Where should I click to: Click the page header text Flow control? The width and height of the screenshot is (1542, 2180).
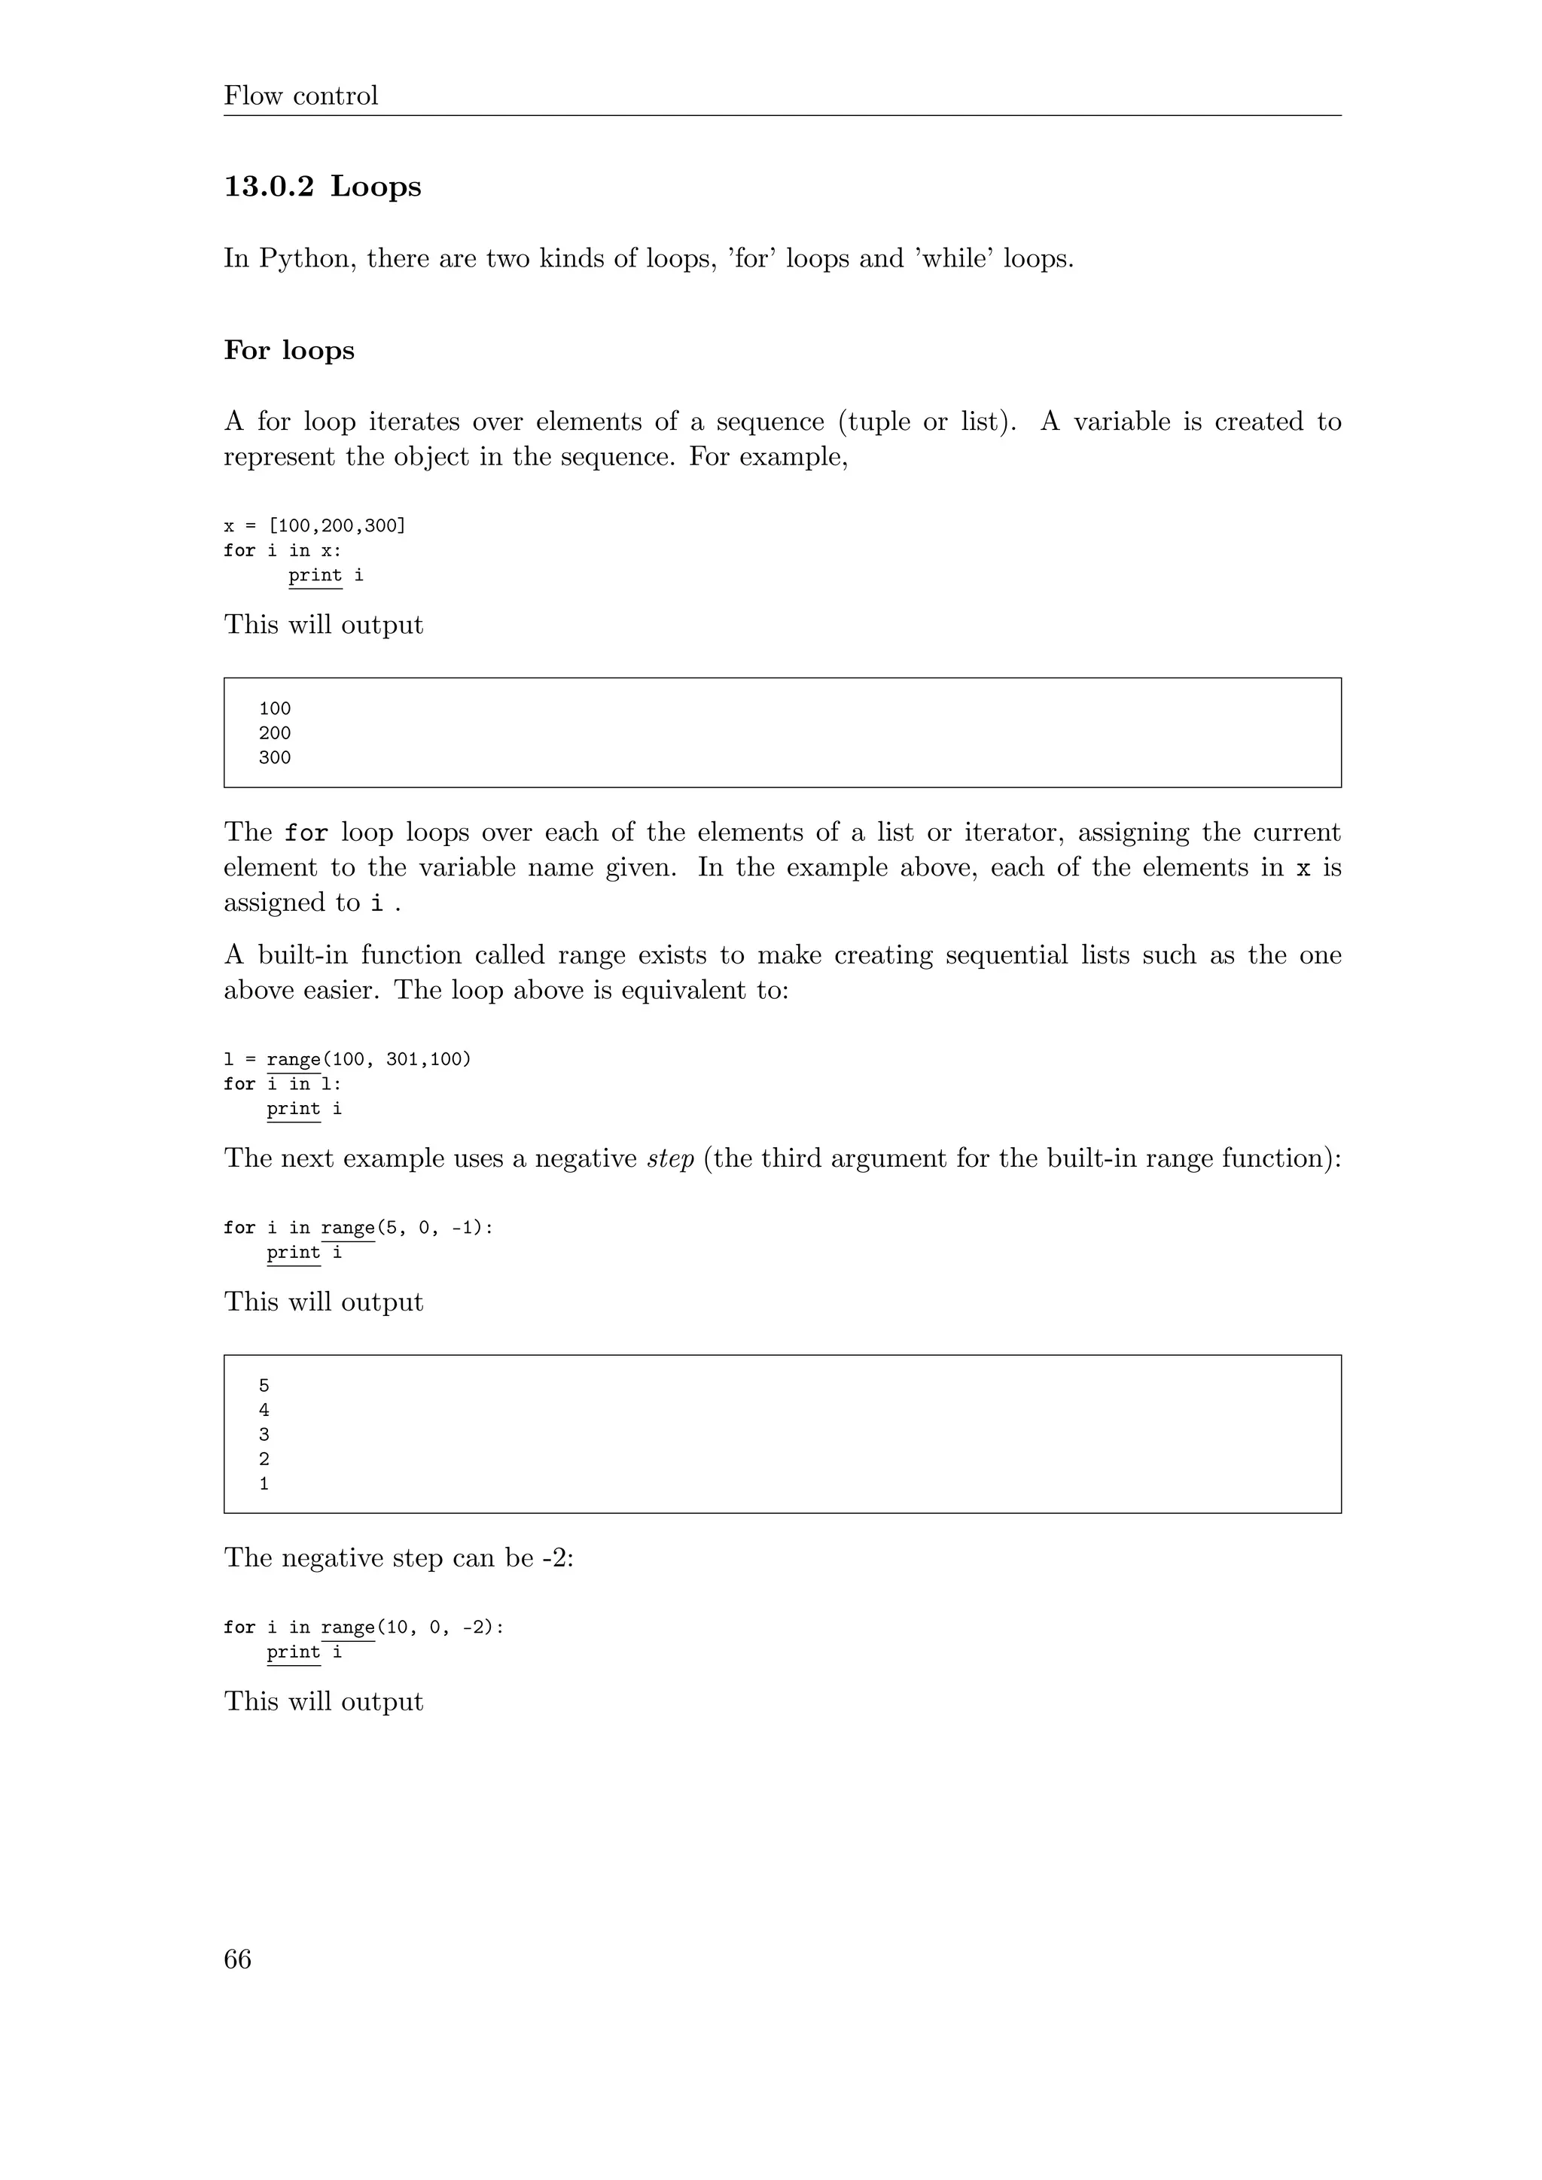click(x=300, y=96)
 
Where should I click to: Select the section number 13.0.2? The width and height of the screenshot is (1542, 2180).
click(x=269, y=186)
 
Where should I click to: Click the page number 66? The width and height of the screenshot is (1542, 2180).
click(x=237, y=1959)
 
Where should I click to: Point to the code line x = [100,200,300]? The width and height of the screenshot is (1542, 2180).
click(x=314, y=526)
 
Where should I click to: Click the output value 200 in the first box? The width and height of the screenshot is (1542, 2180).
click(x=274, y=733)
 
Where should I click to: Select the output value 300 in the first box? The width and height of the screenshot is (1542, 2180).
click(x=274, y=758)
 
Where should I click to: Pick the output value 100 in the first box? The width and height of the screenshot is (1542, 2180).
click(x=274, y=708)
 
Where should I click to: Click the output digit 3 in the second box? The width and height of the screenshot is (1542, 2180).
click(x=264, y=1435)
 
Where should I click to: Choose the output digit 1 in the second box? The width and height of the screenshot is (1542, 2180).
click(x=264, y=1484)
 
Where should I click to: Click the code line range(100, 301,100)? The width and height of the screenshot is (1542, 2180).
click(x=368, y=1058)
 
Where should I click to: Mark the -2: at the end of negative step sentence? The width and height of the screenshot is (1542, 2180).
click(x=559, y=1558)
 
